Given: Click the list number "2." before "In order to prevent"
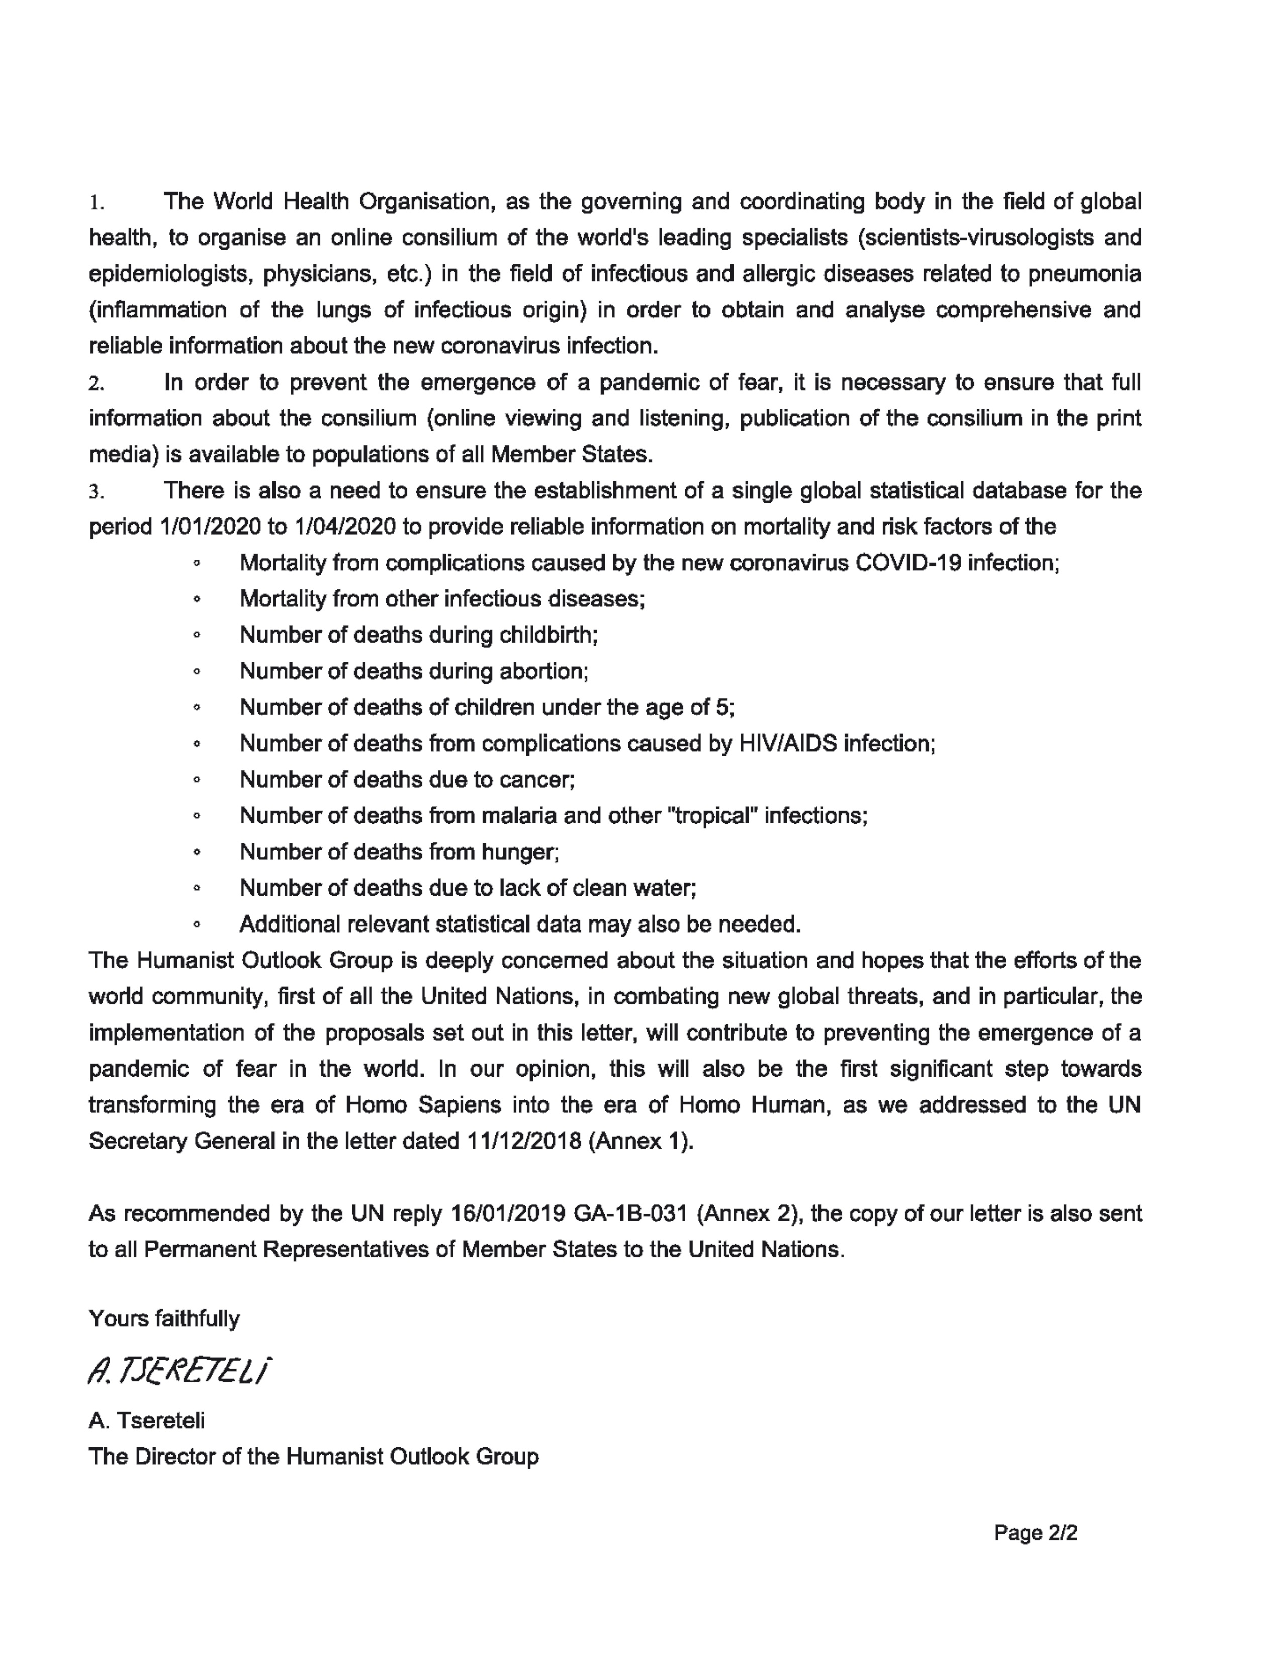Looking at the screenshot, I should pyautogui.click(x=96, y=384).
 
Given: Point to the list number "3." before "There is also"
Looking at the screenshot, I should pyautogui.click(x=96, y=492).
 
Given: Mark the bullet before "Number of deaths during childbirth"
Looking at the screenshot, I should pyautogui.click(x=197, y=636).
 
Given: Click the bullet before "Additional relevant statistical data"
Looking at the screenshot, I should pyautogui.click(x=197, y=925).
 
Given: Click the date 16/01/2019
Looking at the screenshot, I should pyautogui.click(x=507, y=1213).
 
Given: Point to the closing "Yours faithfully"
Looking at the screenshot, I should pyautogui.click(x=164, y=1318).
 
